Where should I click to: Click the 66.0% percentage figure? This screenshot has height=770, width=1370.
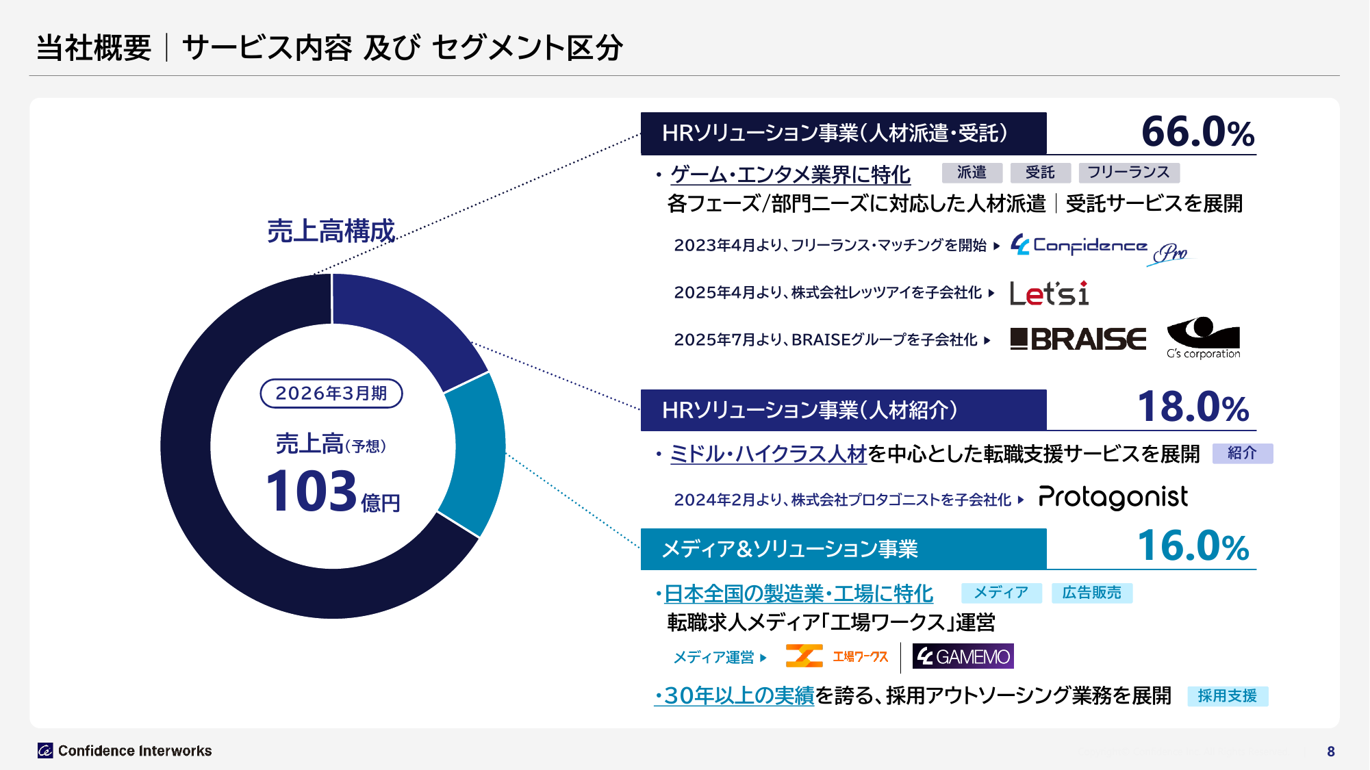(1197, 132)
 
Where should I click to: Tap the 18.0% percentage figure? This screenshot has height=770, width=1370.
(1193, 407)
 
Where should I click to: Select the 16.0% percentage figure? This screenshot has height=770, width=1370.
(1193, 546)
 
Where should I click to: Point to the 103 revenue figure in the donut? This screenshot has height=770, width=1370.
(312, 491)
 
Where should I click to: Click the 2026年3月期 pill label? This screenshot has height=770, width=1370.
(331, 394)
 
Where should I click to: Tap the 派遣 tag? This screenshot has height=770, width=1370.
(972, 172)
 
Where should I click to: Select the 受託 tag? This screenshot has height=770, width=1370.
(1040, 172)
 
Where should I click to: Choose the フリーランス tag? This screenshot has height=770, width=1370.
(1128, 172)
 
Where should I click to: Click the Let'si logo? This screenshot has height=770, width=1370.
(1049, 294)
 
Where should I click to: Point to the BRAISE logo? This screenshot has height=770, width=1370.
(1078, 339)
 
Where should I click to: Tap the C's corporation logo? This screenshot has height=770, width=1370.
(1203, 337)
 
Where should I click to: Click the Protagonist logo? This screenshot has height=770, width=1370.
(1113, 498)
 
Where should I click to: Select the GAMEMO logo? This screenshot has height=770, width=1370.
(963, 656)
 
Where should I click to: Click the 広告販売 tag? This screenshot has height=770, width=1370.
(1091, 593)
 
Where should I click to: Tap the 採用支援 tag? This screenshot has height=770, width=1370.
(1227, 696)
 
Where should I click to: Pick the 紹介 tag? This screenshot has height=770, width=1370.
(1242, 453)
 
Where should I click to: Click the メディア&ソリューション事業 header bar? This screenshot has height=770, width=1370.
(843, 549)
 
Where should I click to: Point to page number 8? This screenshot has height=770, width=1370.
(1330, 752)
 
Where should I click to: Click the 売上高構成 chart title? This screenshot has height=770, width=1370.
(331, 231)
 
